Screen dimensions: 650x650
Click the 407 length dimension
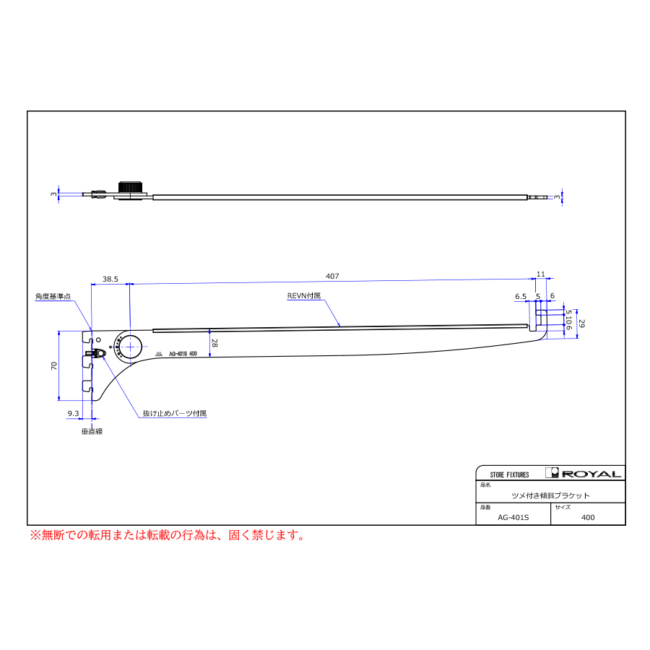[332, 277]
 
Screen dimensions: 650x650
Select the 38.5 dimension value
[110, 278]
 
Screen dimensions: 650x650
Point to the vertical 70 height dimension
[54, 365]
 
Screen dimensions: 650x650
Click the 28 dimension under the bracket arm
[214, 344]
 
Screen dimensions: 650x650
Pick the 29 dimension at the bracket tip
[582, 324]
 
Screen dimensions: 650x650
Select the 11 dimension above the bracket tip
[540, 274]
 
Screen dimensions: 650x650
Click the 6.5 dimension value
[521, 296]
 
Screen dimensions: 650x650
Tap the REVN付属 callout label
[303, 296]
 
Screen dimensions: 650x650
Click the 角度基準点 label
[53, 296]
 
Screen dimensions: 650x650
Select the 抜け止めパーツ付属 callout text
[174, 414]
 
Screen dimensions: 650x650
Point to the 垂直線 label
[92, 431]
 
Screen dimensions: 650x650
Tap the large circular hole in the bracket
[131, 347]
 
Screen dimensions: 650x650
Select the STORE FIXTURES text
[509, 474]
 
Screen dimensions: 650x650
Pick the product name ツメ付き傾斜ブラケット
[550, 495]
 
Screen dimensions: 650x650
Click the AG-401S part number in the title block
[513, 517]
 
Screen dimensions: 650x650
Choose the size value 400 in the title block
[588, 517]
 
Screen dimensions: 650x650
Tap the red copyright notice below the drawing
[167, 535]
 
